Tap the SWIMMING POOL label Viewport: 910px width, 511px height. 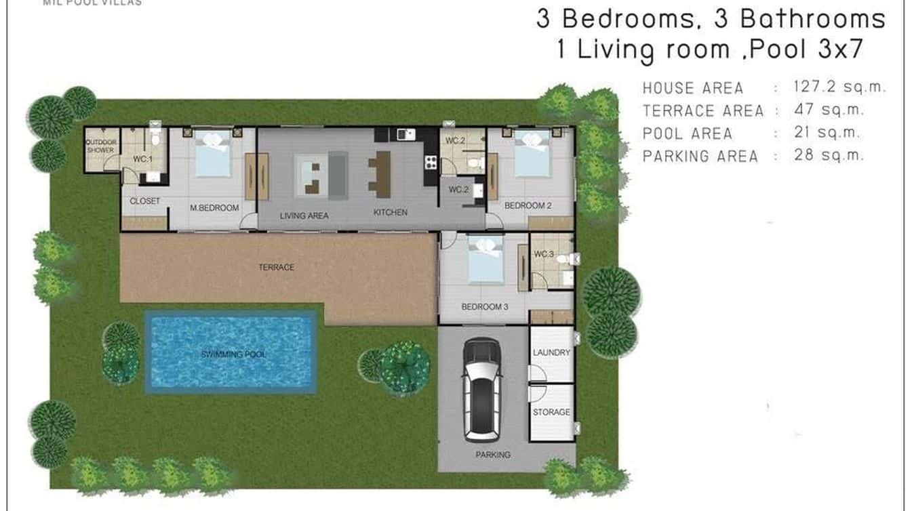pyautogui.click(x=233, y=354)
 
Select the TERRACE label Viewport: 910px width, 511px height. pyautogui.click(x=277, y=268)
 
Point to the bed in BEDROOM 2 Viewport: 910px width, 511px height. pyautogui.click(x=532, y=162)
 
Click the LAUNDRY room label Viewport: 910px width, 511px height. pyautogui.click(x=551, y=353)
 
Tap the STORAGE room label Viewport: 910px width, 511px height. pyautogui.click(x=551, y=412)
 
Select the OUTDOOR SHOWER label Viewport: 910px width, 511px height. pyautogui.click(x=100, y=146)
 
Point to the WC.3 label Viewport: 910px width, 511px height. pyautogui.click(x=544, y=254)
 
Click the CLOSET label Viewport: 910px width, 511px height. pyautogui.click(x=144, y=201)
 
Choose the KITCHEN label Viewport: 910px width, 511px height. pyautogui.click(x=391, y=213)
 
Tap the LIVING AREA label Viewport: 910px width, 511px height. pyautogui.click(x=304, y=216)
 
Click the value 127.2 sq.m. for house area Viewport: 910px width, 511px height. pyautogui.click(x=839, y=87)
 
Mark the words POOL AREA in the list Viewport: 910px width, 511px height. pyautogui.click(x=688, y=134)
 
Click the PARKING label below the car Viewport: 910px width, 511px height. pyautogui.click(x=493, y=455)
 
